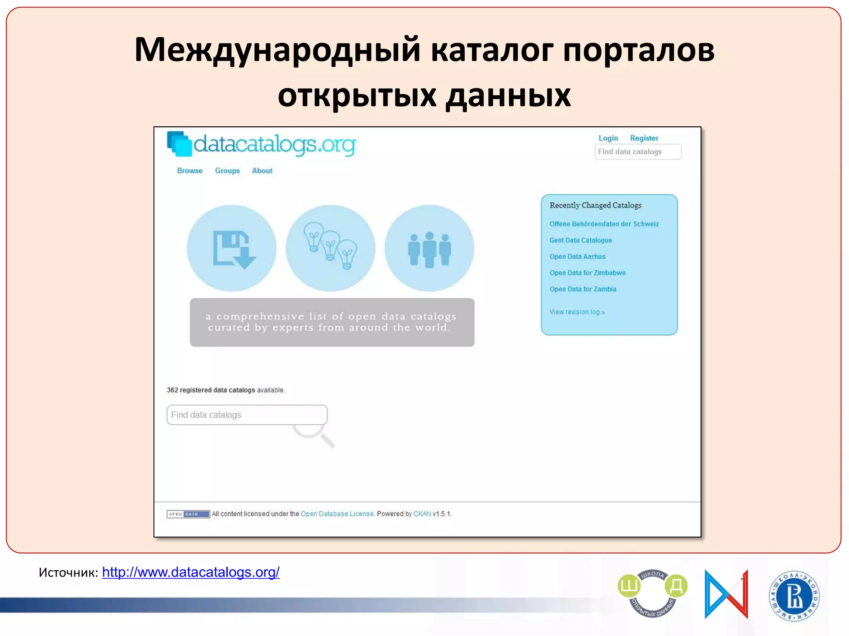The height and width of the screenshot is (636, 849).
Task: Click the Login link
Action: coord(608,138)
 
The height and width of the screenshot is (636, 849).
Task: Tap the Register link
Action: coord(644,138)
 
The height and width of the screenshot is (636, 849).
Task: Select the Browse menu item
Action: coord(189,171)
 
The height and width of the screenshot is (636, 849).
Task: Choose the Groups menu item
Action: coord(227,171)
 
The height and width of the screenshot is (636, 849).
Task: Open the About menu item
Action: coord(262,171)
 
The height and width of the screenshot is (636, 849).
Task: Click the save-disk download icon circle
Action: coord(231,248)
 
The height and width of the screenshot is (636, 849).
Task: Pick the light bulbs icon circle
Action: coord(330,248)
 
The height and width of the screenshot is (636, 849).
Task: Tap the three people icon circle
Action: coord(429,248)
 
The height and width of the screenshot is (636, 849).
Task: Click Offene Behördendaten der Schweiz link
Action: coord(604,224)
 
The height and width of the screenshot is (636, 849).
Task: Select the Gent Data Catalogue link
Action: coord(580,240)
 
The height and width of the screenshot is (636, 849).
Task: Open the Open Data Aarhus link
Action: coord(577,257)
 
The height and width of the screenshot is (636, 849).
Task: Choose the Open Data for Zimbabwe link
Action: coord(587,273)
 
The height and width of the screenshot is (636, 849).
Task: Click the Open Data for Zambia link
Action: coord(583,289)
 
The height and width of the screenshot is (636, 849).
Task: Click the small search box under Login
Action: coord(638,152)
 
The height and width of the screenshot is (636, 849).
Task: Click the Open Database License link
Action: coord(337,514)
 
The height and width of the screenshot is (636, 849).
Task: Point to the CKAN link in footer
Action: coord(422,514)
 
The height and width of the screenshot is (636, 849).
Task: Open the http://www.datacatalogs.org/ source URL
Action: coord(191,572)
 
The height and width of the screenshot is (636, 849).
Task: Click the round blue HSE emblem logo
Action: coord(794,596)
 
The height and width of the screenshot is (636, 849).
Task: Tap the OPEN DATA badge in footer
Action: coord(188,514)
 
